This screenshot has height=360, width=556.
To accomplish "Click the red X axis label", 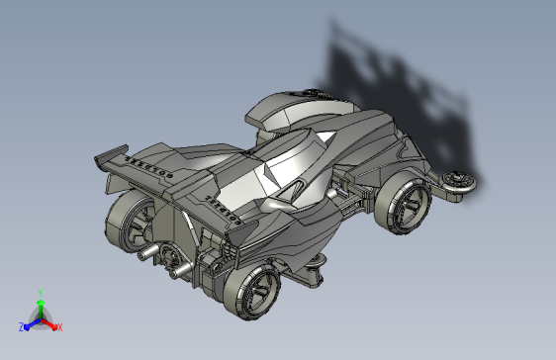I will point(59,326).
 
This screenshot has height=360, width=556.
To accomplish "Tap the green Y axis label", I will point(40,293).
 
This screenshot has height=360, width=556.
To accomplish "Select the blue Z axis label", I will point(21,327).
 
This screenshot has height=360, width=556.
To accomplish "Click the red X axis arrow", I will point(51,323).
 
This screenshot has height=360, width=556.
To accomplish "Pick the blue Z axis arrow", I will point(29,323).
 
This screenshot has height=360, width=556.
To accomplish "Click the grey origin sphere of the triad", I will point(40,317).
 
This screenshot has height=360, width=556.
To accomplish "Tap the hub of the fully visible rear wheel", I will point(261,292).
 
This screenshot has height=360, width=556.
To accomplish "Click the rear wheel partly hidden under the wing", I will point(131,223).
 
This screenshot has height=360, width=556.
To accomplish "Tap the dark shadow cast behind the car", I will point(396,79).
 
